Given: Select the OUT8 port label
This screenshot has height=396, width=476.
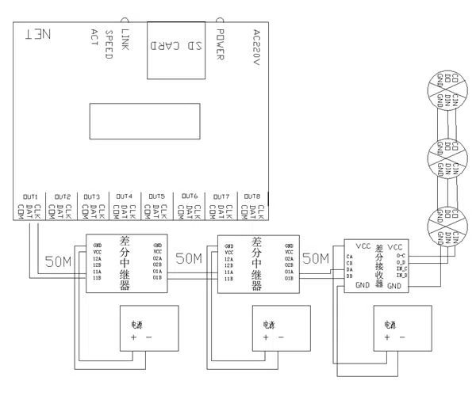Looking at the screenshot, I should (x=253, y=196).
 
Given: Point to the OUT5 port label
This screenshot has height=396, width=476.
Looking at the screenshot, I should (x=157, y=196).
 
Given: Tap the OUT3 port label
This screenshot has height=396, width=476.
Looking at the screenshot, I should (x=93, y=196).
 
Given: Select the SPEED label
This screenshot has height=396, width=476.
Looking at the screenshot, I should (x=110, y=45).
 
